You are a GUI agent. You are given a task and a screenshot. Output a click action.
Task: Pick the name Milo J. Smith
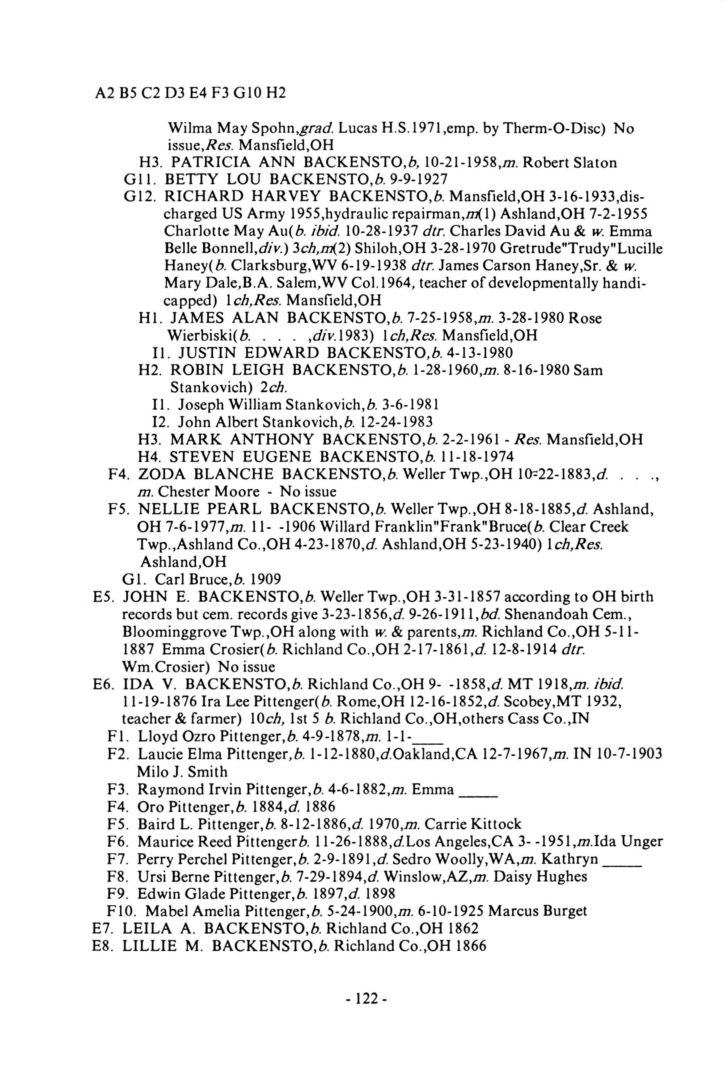pos(182,772)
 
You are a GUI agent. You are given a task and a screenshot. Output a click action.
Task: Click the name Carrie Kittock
pos(472,824)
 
